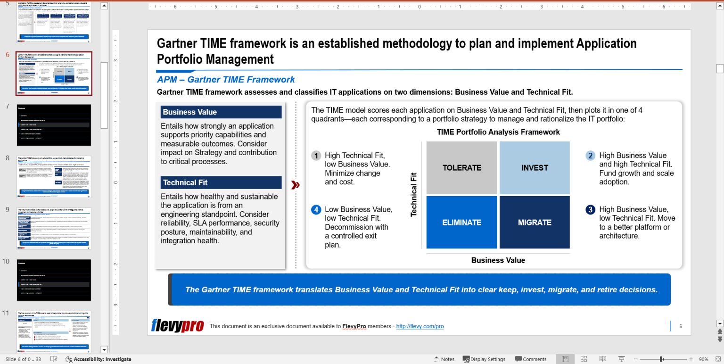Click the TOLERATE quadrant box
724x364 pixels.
coord(461,168)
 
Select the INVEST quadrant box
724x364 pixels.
coord(535,168)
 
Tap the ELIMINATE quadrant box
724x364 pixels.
coord(461,222)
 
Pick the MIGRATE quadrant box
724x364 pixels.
coord(535,222)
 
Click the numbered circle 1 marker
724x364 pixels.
coord(316,156)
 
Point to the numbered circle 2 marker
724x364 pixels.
coord(590,156)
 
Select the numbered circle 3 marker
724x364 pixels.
coord(590,210)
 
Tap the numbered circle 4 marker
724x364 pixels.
coord(316,210)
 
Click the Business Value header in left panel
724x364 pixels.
coord(221,112)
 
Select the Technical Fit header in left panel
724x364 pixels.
coord(221,182)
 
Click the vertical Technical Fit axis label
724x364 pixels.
coord(414,194)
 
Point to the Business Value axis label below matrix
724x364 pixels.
coord(498,260)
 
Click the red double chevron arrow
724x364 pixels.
coord(296,185)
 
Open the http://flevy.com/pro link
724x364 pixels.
coord(420,326)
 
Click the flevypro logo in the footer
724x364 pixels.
coord(177,326)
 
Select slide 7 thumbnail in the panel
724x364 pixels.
coord(54,125)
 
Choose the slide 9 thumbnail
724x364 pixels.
coord(54,228)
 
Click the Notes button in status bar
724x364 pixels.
coord(444,359)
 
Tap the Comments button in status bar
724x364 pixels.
coord(530,359)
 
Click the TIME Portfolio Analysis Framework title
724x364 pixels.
coord(498,132)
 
